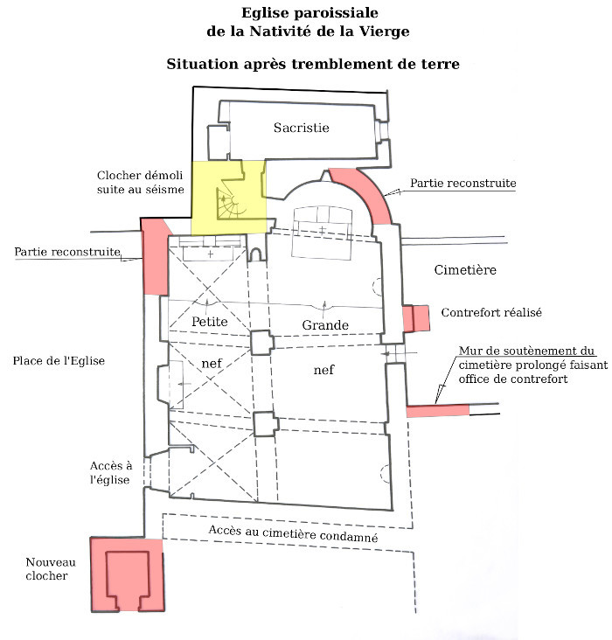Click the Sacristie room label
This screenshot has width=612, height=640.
coord(301,128)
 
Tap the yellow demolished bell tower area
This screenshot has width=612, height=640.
coord(229,197)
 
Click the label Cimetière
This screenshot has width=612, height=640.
coord(465,270)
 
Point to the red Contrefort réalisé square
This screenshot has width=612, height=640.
coord(416,317)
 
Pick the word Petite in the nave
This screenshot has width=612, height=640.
coord(209,322)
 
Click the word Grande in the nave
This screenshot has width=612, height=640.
coord(325,326)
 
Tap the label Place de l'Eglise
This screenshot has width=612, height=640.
coord(59,360)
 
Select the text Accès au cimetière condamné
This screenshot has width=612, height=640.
coord(293,533)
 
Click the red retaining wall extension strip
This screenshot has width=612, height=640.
coord(437,410)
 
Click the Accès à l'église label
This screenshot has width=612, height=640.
coord(111,473)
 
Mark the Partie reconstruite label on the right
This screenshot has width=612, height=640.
coord(463,184)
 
